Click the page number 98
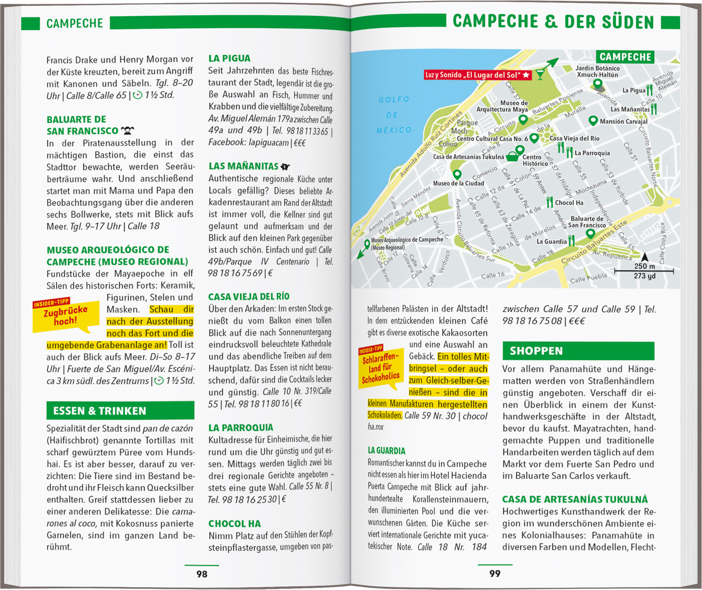[x=202, y=574]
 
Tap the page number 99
[x=495, y=574]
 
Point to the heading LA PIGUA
[x=229, y=58]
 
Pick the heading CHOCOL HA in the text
[x=234, y=524]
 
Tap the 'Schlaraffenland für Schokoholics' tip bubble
[x=380, y=367]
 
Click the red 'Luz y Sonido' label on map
[x=477, y=75]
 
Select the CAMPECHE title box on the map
[x=625, y=57]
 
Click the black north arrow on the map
[x=645, y=257]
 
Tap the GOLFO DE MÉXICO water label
[x=394, y=115]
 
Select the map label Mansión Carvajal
[x=623, y=122]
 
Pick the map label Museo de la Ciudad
[x=458, y=183]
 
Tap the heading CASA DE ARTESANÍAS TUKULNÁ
[x=575, y=499]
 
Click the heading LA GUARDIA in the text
[x=387, y=451]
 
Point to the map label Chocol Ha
[x=569, y=203]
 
